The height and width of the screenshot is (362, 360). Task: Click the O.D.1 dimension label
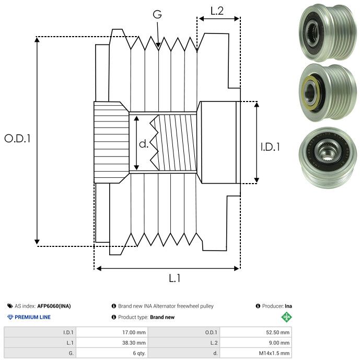(17, 139)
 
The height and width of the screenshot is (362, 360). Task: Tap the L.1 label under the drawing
(175, 278)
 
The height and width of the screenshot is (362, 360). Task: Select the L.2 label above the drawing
(217, 10)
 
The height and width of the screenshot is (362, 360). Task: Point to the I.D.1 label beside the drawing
(270, 148)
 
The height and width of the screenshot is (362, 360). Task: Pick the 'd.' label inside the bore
(144, 144)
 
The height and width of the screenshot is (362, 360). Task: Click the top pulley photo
(325, 32)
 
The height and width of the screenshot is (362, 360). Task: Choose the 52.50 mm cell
(277, 332)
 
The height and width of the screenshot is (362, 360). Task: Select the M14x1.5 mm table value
(273, 354)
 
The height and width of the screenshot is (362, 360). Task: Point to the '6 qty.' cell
(138, 354)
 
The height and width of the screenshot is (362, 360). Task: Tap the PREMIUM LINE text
(32, 317)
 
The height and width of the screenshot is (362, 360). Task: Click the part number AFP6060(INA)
(54, 306)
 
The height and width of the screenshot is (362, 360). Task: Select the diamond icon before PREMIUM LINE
(10, 317)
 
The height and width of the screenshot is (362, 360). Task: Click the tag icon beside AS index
(10, 306)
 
